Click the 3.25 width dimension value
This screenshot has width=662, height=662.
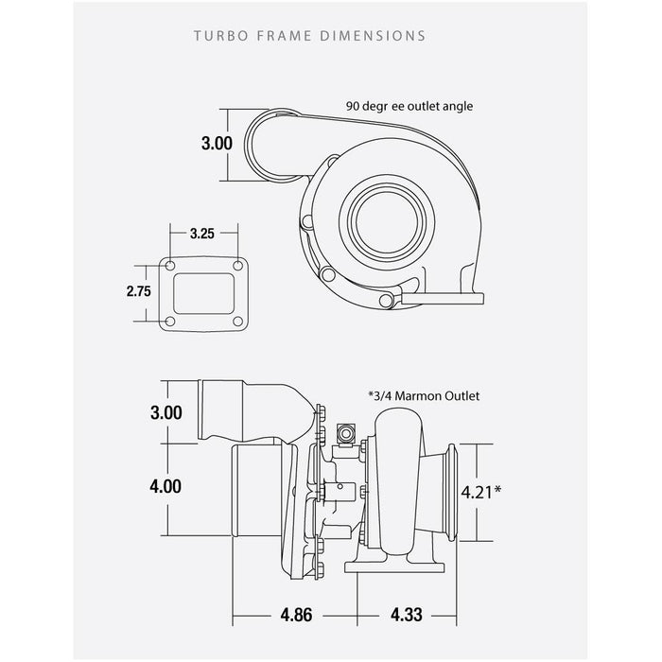coord(200,232)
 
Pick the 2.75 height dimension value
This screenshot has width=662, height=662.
coord(139,291)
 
